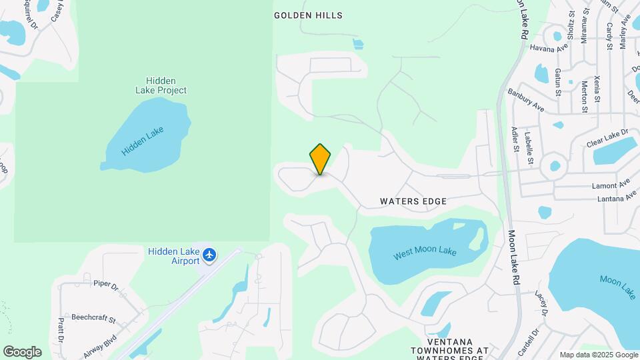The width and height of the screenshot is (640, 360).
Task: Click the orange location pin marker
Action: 320,159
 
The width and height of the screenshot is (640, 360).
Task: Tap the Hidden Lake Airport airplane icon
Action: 210,255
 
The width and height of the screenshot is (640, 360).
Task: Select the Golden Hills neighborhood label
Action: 308,15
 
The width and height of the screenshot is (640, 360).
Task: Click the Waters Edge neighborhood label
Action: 413,201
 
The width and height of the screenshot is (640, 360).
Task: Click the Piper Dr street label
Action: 105,285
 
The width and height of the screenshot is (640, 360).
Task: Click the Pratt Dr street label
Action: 61,329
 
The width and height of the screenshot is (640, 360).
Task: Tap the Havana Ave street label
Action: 549,47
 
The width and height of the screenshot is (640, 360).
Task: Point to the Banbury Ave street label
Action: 526,100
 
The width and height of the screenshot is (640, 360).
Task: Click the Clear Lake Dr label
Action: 607,138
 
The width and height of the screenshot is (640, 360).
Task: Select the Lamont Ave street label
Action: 611,185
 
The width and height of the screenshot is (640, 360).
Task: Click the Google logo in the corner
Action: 22,352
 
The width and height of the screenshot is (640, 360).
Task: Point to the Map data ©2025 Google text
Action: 597,355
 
